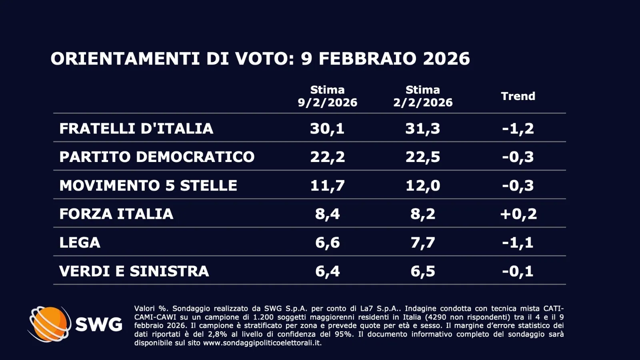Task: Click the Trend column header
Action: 518,96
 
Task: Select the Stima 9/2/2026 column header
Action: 327,96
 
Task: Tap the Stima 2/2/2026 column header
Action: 423,96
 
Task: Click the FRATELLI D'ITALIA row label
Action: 136,128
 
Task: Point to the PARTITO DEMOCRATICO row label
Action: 157,157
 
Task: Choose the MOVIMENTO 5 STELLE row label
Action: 148,186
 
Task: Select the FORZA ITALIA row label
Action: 116,214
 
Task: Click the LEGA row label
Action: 80,242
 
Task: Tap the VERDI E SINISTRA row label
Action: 134,271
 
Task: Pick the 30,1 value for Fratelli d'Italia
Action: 327,128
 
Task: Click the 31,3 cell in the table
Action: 423,128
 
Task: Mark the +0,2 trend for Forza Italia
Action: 518,214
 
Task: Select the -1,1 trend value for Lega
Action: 518,242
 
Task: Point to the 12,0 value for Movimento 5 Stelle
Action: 423,186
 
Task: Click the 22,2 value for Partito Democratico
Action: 327,157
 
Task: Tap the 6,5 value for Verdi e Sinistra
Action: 423,271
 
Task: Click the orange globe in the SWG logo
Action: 49,324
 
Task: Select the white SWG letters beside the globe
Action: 99,324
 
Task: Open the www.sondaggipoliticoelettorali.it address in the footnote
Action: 262,343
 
